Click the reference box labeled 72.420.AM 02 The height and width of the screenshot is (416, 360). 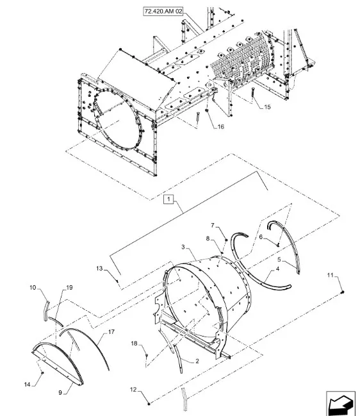click(163, 12)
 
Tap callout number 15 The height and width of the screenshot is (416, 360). click(267, 106)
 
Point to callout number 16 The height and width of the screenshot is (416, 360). click(220, 126)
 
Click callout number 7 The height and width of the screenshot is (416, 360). click(213, 226)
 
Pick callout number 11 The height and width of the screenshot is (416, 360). click(330, 276)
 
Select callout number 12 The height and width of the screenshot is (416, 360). click(133, 390)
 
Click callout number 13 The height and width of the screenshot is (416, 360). click(99, 269)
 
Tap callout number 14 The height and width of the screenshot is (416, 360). click(28, 384)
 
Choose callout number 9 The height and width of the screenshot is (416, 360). click(60, 392)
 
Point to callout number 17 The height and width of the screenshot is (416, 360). click(111, 332)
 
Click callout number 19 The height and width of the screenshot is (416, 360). click(69, 288)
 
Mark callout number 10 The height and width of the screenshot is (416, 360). click(33, 288)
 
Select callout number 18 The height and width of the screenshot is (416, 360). click(134, 344)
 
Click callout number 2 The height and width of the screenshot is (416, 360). click(197, 361)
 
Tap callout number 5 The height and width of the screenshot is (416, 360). click(279, 260)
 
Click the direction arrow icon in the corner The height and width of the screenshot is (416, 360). click(340, 403)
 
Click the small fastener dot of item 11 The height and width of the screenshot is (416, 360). click(342, 292)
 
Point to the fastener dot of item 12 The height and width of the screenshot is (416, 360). click(149, 404)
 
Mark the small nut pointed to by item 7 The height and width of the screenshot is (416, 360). click(226, 240)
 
